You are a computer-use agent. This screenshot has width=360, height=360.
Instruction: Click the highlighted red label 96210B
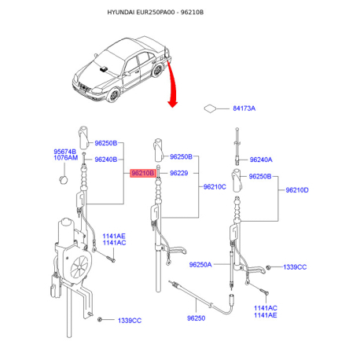click(x=143, y=173)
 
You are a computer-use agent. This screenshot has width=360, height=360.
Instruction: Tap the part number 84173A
click(x=244, y=108)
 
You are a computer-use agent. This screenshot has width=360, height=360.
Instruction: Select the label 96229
click(x=179, y=173)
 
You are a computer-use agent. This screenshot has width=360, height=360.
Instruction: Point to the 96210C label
click(x=215, y=187)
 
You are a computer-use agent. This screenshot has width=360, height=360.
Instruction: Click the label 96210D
click(x=297, y=190)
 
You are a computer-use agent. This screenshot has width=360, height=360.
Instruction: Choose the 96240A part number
click(x=261, y=160)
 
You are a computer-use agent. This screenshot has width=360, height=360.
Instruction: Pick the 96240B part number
click(x=106, y=160)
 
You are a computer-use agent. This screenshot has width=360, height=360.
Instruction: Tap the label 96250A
click(x=200, y=265)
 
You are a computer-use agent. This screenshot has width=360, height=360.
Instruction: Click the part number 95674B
click(x=65, y=152)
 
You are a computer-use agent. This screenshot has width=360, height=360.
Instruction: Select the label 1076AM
click(x=66, y=158)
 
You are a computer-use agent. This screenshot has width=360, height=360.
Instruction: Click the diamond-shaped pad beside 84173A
click(x=211, y=108)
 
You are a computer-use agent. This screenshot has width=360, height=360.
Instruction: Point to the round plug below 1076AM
click(x=64, y=180)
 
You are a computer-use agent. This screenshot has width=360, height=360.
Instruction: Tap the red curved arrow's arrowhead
click(x=172, y=104)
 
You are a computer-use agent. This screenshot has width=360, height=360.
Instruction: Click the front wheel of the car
click(x=114, y=95)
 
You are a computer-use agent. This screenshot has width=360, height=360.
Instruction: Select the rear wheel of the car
click(x=157, y=70)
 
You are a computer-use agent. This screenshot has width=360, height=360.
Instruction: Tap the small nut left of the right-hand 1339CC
click(x=268, y=267)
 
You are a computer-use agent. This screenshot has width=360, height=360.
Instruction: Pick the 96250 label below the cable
click(x=196, y=318)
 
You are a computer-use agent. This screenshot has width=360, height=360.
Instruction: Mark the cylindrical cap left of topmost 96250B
click(x=83, y=138)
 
